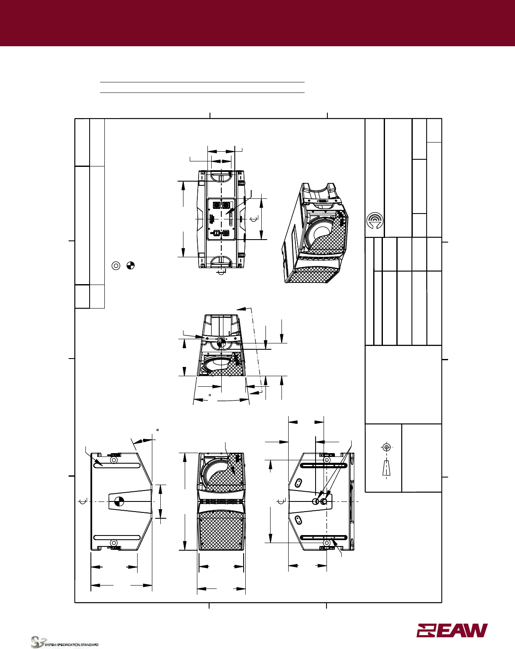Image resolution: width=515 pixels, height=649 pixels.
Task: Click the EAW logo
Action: tap(452, 630)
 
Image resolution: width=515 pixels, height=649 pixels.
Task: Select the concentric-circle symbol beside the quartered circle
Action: tap(116, 266)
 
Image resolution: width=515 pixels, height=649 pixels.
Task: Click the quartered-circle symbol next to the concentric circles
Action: tap(130, 266)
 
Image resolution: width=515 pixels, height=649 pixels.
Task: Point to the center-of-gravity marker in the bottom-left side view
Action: tap(119, 501)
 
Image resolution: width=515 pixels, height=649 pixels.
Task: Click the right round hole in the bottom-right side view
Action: tap(324, 501)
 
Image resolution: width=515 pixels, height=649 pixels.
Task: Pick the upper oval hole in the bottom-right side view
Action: tap(298, 482)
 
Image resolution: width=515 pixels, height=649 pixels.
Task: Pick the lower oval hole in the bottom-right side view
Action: tap(298, 520)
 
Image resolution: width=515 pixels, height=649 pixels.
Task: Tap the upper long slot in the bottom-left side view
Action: tap(117, 465)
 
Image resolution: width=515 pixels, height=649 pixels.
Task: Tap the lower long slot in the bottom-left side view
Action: tap(117, 538)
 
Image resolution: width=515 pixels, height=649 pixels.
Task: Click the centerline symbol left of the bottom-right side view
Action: tap(283, 501)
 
